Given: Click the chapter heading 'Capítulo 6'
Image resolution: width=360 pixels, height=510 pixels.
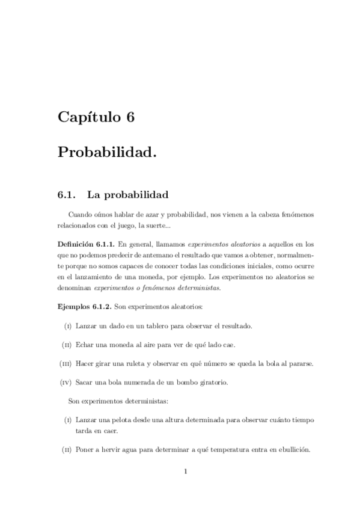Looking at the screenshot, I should click(x=96, y=117).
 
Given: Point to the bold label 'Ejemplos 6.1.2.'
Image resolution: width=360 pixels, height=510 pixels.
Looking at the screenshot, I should click(x=84, y=306).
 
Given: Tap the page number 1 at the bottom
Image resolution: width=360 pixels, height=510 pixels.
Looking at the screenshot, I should click(x=186, y=471).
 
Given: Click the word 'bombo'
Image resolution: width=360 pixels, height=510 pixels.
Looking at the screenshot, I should click(x=203, y=382).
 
